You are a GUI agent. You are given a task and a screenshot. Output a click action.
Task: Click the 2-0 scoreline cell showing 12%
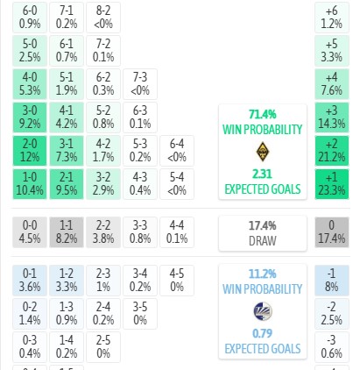coord(30,151)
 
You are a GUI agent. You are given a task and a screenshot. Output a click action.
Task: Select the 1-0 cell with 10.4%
coord(30,184)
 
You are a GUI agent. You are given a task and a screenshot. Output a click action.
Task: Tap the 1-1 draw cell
coord(67,232)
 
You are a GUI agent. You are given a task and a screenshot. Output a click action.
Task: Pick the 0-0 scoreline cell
coord(30,232)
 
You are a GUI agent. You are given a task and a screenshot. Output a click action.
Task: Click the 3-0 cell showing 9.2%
coord(30,117)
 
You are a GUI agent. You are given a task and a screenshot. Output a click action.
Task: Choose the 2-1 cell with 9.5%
coord(67,184)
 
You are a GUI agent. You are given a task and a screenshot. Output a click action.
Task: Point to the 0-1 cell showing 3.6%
coord(30,281)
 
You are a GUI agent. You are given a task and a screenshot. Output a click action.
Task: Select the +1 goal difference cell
coord(332,184)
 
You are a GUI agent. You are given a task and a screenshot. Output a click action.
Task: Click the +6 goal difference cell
coord(332,18)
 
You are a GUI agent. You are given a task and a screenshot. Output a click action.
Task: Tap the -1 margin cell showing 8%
coord(332,281)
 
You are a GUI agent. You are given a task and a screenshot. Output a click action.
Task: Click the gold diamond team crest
coord(263,152)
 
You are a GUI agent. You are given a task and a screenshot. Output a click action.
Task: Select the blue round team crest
coord(263,311)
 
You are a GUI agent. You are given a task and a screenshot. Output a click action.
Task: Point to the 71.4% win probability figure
coord(263,114)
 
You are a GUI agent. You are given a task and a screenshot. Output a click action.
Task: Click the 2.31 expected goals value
coord(263,174)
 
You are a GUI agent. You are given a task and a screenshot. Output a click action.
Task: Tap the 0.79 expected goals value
coord(263,333)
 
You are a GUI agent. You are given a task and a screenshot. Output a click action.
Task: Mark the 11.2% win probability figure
coord(263,274)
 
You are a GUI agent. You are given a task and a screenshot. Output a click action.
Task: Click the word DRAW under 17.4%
coord(263,241)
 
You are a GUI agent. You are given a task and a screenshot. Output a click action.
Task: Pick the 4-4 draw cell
coord(177,232)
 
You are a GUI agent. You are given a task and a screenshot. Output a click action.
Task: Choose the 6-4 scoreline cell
coord(177,151)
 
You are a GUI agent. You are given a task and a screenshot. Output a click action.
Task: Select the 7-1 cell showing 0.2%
coord(67,18)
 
